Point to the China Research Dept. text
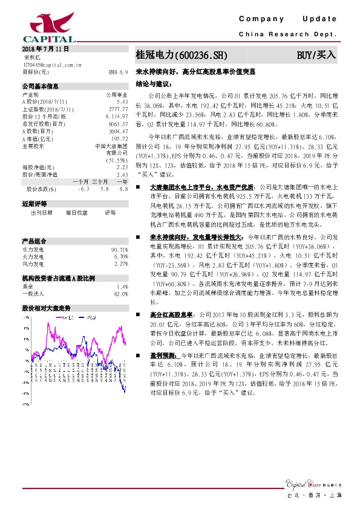[x=287, y=34]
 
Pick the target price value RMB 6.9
[x=119, y=71]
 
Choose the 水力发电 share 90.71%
[x=119, y=250]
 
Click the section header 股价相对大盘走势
[x=47, y=308]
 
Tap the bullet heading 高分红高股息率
[x=171, y=315]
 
